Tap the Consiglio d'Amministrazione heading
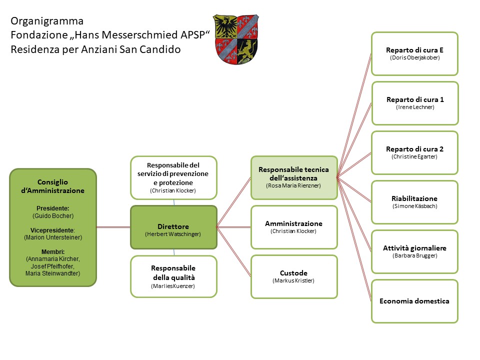coord(53,186)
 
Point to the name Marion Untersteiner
coord(53,237)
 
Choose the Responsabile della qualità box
coord(173,276)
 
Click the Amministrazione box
coord(294,227)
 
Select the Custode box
coord(294,276)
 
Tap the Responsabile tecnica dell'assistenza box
coord(294,177)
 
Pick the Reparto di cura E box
coord(414,53)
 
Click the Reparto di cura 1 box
coord(414,103)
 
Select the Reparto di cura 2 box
coord(414,152)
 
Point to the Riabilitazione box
coord(414,202)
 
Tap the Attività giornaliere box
coord(414,251)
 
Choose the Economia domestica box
coord(414,301)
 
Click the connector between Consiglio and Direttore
coord(113,227)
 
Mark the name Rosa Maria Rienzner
coord(294,185)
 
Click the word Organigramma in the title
coord(47,21)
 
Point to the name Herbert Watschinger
coord(173,234)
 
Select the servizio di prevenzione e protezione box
coord(173,177)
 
